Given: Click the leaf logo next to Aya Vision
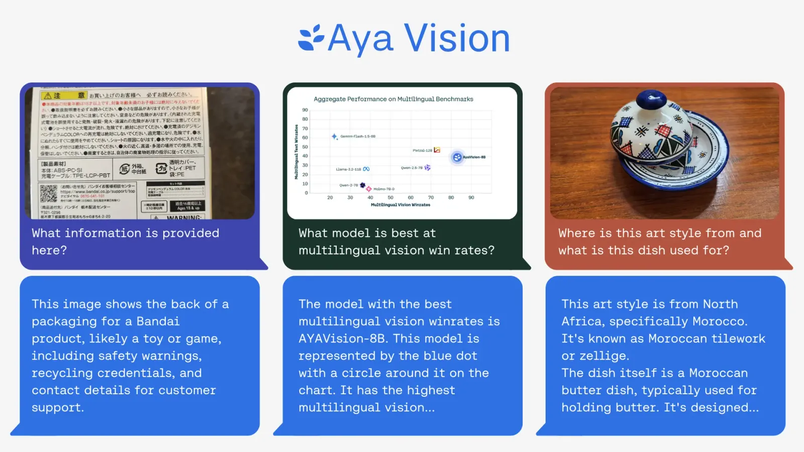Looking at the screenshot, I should pos(311,38).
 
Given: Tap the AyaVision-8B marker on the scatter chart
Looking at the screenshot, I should pos(457,158).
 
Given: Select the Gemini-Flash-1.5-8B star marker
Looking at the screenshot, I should pos(334,137).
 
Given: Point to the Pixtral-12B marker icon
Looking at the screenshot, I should pos(437,150).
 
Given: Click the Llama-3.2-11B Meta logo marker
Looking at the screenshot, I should pos(366,169).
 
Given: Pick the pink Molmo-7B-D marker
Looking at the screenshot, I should pos(369,189).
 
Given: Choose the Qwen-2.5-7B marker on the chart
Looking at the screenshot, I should pos(428,168).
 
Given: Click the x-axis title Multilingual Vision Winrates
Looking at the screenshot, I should pos(400,205).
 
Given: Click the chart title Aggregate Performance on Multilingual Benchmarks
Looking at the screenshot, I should pos(393,99).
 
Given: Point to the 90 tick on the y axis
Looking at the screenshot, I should pos(305,110).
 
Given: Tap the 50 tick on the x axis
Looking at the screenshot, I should pos(390,198).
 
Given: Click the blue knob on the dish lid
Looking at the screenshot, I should pos(651,97).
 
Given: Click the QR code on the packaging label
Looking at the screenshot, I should pos(49,193).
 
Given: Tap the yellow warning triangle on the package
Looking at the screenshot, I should pos(48,95).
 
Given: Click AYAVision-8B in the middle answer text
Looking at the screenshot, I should pos(342,338).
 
